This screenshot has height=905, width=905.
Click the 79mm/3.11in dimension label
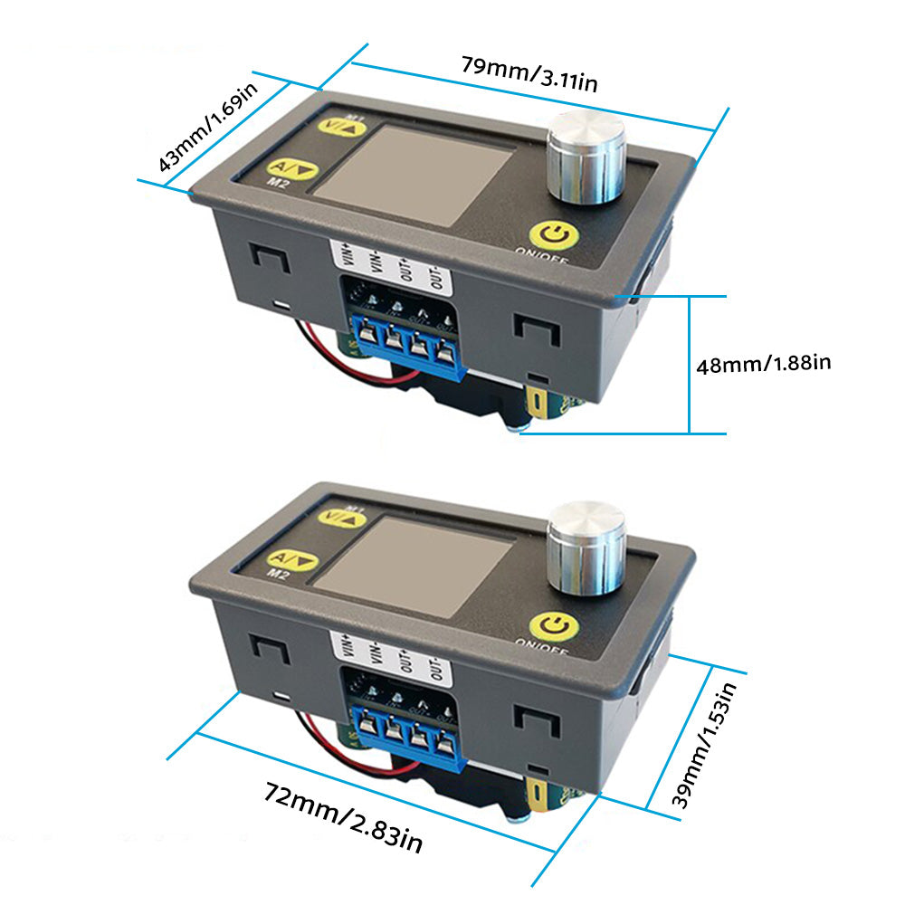[x=529, y=74]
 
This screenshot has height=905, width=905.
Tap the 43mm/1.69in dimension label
[x=207, y=126]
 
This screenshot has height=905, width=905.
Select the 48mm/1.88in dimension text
[x=763, y=364]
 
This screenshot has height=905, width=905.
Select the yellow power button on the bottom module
[x=555, y=627]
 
